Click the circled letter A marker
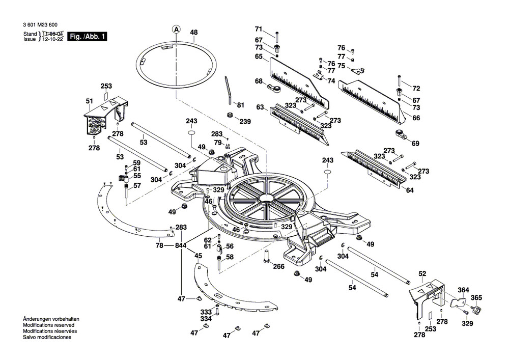point(176,30)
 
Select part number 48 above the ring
point(193,33)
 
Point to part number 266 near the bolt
point(278,266)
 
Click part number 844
point(181,245)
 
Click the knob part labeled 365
point(477,310)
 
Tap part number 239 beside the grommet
point(245,121)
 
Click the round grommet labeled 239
point(230,114)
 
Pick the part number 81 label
point(241,105)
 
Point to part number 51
point(90,101)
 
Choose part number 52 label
point(422,273)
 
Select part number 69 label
point(415,144)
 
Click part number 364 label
point(462,290)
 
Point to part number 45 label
point(199,256)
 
